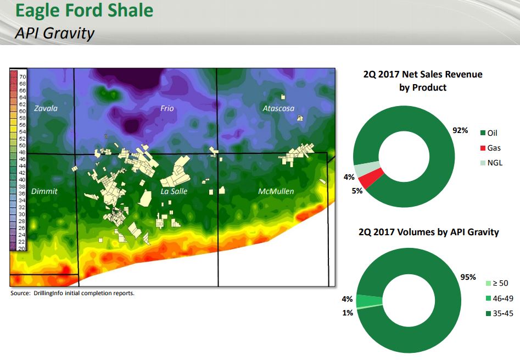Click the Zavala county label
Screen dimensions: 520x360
(46, 108)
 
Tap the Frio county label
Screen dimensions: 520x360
(167, 108)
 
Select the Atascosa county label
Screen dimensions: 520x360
(278, 108)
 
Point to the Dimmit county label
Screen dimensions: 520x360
(44, 191)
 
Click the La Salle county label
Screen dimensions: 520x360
(174, 191)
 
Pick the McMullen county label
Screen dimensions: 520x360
(276, 191)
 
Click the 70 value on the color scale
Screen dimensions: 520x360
(22, 76)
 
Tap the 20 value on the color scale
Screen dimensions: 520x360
(21, 248)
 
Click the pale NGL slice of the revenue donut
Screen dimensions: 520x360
(366, 169)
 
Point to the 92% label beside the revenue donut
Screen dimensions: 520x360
(460, 130)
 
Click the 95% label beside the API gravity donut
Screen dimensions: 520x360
(468, 277)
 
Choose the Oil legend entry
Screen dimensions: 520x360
(489, 133)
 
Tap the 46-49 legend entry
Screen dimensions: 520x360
(500, 298)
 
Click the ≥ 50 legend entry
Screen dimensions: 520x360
(497, 283)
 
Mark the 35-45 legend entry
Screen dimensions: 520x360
(500, 313)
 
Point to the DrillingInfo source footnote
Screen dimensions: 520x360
(72, 293)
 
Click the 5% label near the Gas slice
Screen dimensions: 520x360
(357, 191)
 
